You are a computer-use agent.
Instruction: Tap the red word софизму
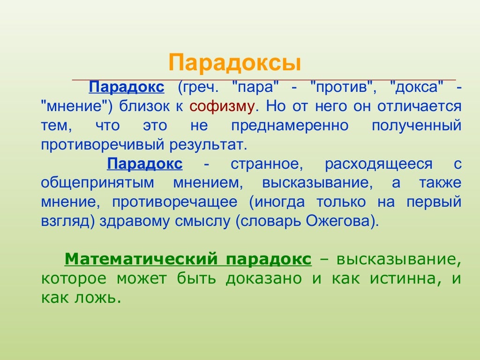pos(222,106)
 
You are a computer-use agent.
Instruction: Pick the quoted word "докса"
pos(417,87)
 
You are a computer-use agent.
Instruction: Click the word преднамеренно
pos(290,126)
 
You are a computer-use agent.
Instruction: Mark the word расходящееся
pos(379,164)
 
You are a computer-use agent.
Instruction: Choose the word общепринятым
pos(94,183)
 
